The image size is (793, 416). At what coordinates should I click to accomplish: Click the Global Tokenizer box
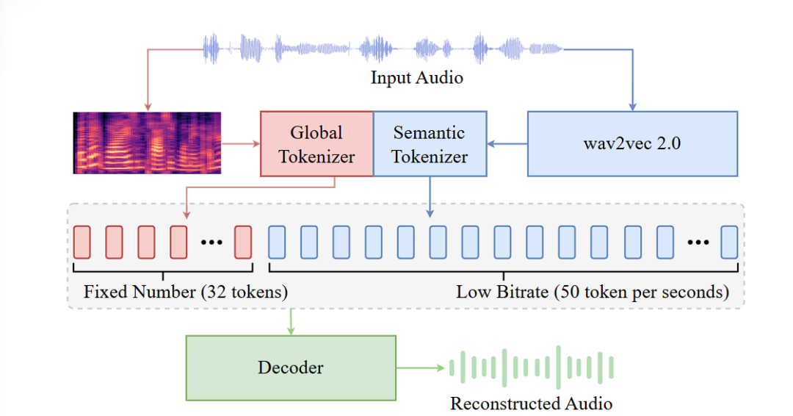coord(316,144)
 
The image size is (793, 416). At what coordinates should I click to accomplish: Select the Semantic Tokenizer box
coord(430,144)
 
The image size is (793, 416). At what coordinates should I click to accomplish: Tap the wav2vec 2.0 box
coord(632,144)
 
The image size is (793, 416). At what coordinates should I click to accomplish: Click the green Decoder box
coord(291,368)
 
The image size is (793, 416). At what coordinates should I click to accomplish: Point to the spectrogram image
coord(147,143)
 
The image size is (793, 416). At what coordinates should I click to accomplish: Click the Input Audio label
coord(417,77)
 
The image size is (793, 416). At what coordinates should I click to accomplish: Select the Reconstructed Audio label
coord(531,404)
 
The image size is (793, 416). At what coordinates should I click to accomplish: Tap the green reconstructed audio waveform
coord(532,367)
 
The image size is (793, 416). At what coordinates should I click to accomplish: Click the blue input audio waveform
coord(383,49)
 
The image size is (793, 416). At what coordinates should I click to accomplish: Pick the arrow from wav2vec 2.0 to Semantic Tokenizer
coord(507,144)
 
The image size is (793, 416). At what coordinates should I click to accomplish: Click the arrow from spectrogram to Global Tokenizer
coord(241,144)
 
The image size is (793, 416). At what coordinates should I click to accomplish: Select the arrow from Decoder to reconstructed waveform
coord(420,368)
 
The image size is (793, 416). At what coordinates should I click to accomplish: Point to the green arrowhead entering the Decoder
coord(291,331)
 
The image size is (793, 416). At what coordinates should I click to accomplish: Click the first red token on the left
coord(82,243)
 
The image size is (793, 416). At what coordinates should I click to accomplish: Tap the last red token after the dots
coord(243,243)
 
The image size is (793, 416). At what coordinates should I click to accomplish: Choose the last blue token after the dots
coord(729,243)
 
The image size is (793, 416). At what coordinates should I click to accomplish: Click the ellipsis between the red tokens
coord(211,243)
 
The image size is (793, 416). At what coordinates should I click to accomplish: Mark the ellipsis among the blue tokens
coord(698,243)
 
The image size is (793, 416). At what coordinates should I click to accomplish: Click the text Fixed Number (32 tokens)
coord(186,292)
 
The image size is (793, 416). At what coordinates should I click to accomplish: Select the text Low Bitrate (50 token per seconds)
coord(593,292)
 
